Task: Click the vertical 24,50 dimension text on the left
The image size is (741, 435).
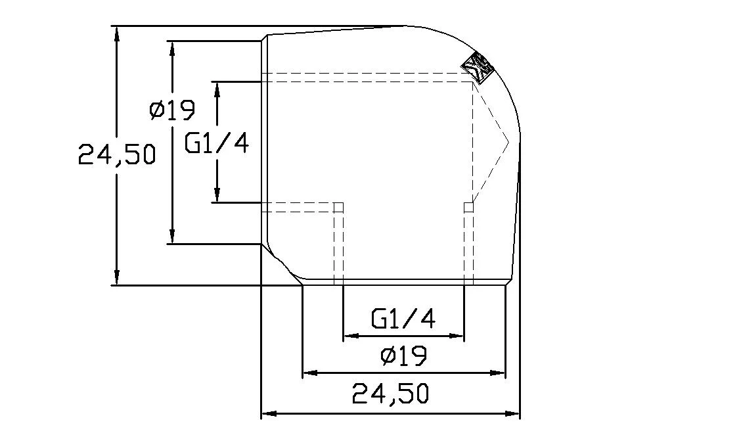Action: (x=116, y=155)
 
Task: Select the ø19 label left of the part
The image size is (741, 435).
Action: (x=172, y=110)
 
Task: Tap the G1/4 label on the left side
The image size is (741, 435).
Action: (x=216, y=143)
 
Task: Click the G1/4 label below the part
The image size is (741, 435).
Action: (x=403, y=319)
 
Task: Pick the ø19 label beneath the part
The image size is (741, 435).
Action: (x=403, y=356)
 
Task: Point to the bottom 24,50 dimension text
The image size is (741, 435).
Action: (x=390, y=394)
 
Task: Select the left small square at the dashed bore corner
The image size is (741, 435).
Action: (x=339, y=208)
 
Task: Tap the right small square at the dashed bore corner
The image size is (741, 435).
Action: (x=468, y=208)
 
